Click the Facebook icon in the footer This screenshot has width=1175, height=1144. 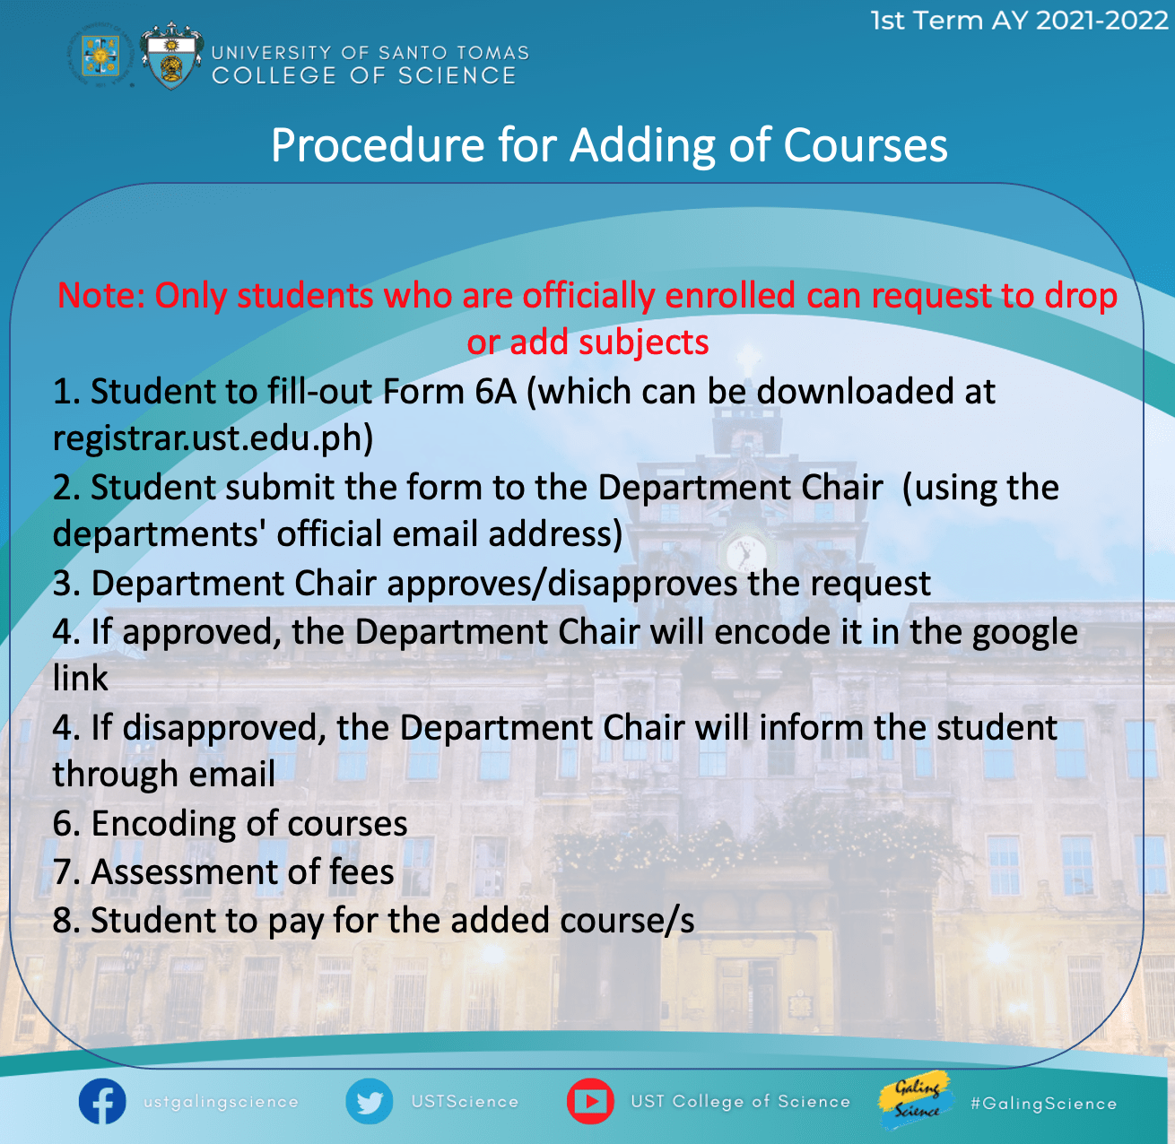click(x=102, y=1101)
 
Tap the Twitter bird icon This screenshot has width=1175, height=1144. click(x=369, y=1101)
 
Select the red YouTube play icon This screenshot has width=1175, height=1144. click(x=590, y=1101)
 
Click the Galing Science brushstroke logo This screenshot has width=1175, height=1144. click(x=916, y=1100)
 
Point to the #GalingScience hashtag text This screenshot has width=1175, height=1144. click(x=1043, y=1104)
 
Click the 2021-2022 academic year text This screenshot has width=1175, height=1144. click(x=1102, y=21)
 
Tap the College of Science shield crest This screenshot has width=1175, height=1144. click(x=171, y=56)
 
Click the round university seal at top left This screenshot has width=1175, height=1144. click(x=100, y=56)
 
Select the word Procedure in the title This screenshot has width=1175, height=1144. click(x=378, y=146)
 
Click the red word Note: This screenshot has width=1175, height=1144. click(x=100, y=296)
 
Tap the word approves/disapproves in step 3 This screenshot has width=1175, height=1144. click(x=562, y=585)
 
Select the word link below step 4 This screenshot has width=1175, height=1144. click(x=81, y=678)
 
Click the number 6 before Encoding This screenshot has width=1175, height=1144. click(x=64, y=823)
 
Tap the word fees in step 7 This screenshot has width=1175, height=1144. click(x=361, y=871)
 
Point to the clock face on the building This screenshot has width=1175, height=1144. click(x=746, y=553)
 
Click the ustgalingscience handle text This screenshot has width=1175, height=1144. click(x=221, y=1103)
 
